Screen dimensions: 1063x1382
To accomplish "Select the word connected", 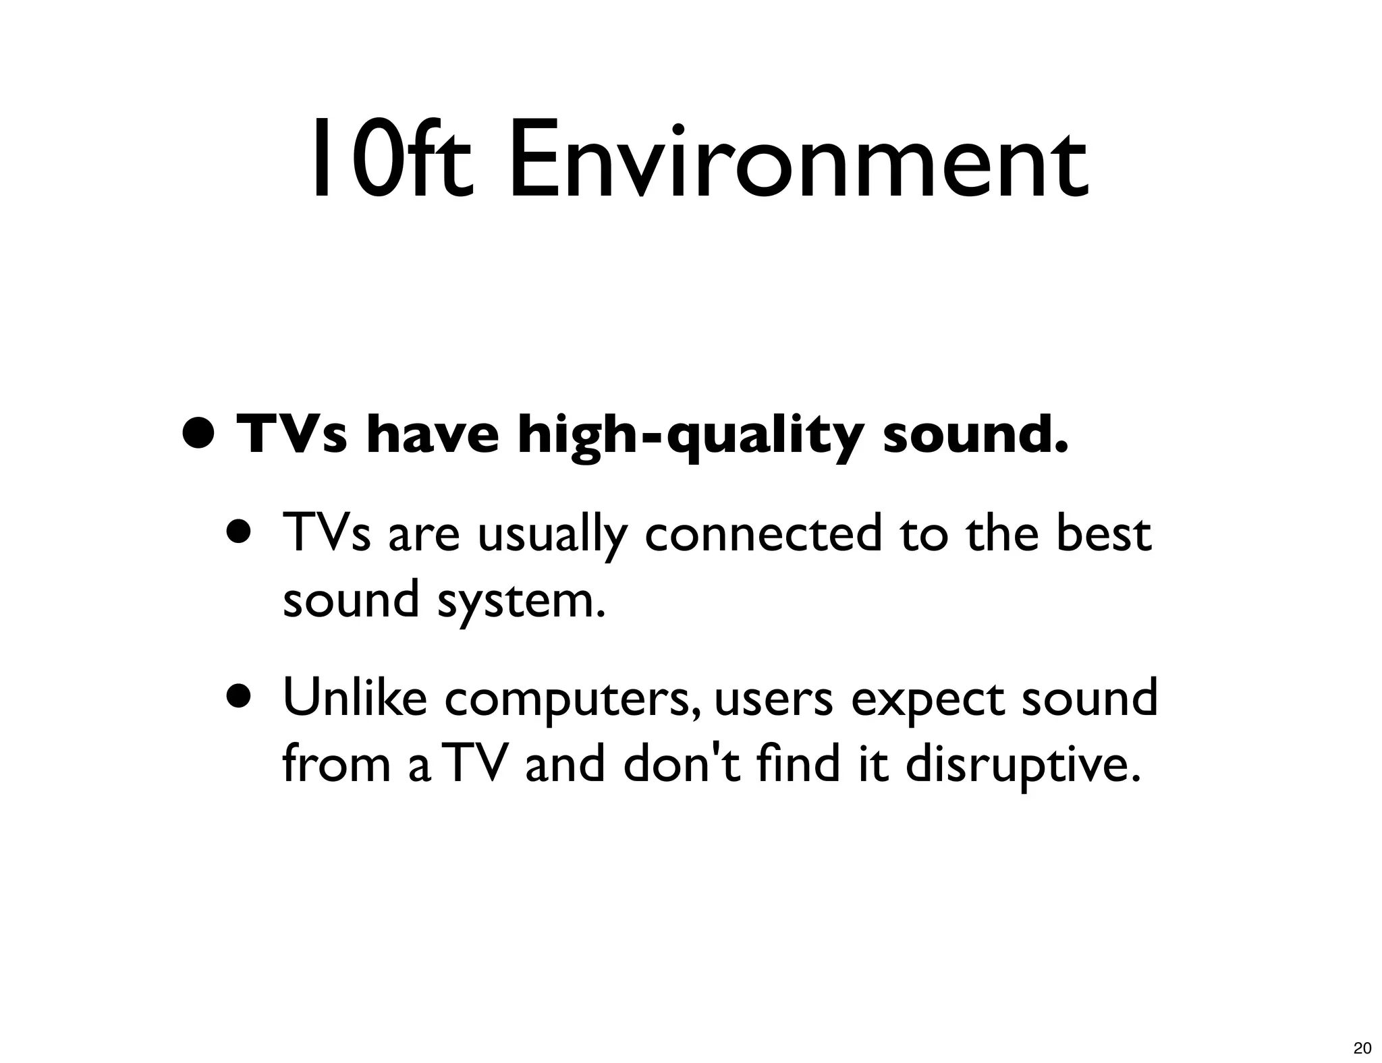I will click(x=763, y=533).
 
